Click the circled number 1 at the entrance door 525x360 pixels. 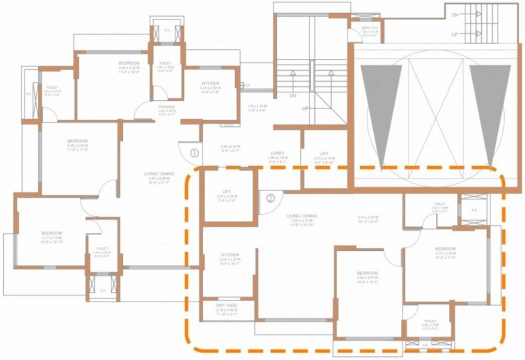point(194,153)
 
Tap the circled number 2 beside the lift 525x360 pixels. point(270,198)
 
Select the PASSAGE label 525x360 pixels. point(166,107)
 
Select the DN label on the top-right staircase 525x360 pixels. point(455,16)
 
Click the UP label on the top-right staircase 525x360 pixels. point(455,34)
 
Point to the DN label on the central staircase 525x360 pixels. point(293,97)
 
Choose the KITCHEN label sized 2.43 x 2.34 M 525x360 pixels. point(210,83)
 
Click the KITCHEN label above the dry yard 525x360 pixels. point(230,255)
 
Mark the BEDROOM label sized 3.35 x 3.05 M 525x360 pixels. point(129,63)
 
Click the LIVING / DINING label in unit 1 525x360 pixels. point(159,174)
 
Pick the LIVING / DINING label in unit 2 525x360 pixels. point(302,216)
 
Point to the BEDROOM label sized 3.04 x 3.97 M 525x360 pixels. point(367,273)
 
